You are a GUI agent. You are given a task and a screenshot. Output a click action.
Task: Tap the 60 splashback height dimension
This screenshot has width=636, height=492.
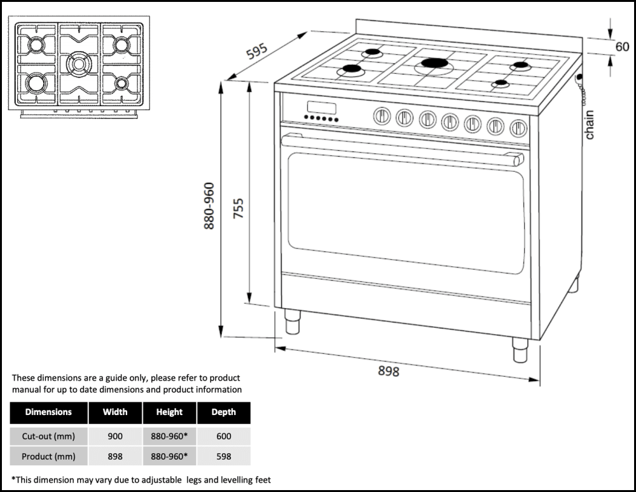pyautogui.click(x=622, y=46)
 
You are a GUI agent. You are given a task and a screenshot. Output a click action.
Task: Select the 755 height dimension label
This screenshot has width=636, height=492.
pyautogui.click(x=238, y=208)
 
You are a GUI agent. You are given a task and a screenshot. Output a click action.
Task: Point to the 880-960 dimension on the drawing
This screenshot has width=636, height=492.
pyautogui.click(x=209, y=206)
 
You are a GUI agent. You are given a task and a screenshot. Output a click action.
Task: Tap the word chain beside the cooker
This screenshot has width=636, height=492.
pyautogui.click(x=590, y=125)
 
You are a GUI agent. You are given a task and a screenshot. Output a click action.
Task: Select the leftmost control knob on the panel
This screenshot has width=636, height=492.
pyautogui.click(x=381, y=116)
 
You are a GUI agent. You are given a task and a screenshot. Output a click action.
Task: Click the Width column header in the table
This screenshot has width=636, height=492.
pyautogui.click(x=115, y=412)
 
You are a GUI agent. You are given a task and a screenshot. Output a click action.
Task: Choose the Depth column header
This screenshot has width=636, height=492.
pyautogui.click(x=223, y=412)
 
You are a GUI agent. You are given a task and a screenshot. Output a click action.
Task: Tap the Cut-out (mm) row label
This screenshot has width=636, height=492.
pyautogui.click(x=48, y=436)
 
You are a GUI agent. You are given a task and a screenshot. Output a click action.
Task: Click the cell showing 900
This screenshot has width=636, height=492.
pyautogui.click(x=115, y=436)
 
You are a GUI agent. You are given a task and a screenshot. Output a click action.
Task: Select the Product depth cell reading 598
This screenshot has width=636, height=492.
pyautogui.click(x=223, y=456)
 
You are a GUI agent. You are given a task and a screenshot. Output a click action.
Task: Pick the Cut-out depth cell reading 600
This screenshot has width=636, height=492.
pyautogui.click(x=223, y=436)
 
